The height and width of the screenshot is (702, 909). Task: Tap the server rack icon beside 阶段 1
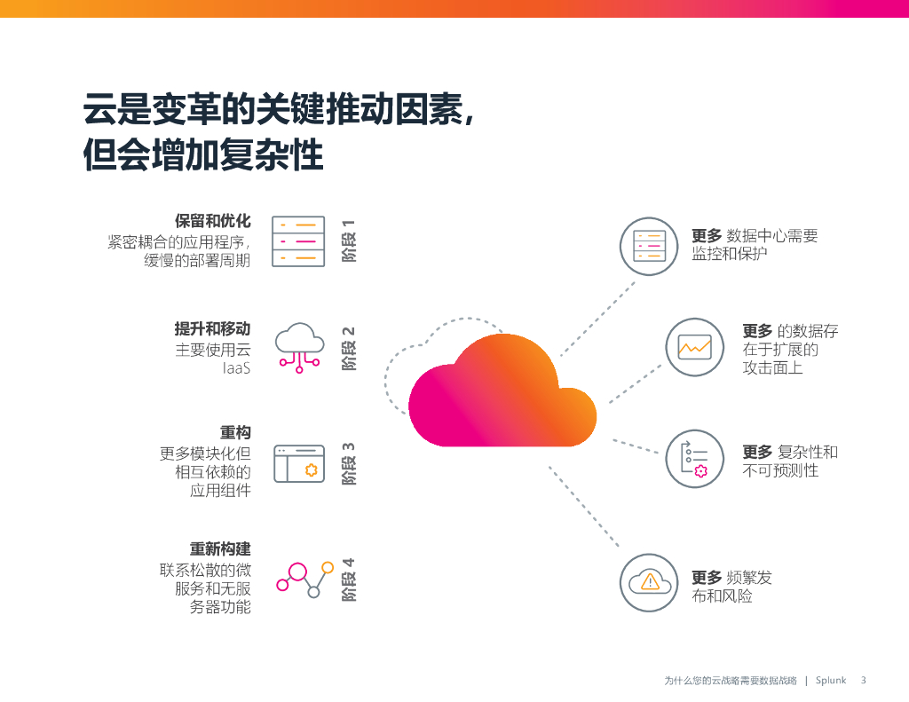coord(298,241)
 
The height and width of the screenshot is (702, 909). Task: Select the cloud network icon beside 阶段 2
coord(299,345)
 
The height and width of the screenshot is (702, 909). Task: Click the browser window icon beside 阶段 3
coord(298,463)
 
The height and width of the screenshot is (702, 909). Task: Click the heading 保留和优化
coord(213,221)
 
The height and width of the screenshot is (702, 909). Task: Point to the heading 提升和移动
coord(213,328)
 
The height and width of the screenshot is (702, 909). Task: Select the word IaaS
coord(236,367)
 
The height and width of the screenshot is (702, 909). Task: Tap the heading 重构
coord(235,432)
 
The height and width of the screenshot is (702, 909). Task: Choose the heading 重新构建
coord(220,549)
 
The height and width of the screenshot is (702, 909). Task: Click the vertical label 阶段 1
coord(349,241)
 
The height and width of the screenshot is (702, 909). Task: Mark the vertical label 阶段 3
coord(349,463)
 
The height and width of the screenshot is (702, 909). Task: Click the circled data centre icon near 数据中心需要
coord(649,246)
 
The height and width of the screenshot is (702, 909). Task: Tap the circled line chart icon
coord(695,347)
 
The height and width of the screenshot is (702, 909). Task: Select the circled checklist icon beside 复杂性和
coord(695,459)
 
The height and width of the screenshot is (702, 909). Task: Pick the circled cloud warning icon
coord(649,582)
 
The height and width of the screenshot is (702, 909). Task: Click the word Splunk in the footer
coord(832,681)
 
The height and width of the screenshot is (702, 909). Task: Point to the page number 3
coord(863,681)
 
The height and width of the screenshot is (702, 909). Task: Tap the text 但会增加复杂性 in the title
coord(203,155)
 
